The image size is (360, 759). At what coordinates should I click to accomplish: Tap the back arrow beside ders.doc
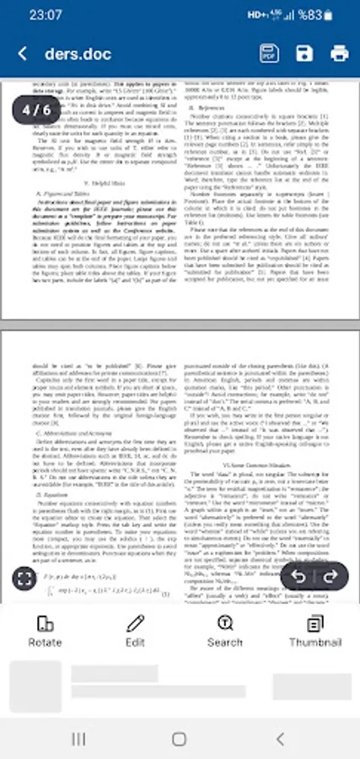22,54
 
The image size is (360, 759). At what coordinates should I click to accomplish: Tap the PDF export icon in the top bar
269,54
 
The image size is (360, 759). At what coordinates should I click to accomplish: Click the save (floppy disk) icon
304,54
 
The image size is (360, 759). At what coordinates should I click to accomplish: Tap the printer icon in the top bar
340,54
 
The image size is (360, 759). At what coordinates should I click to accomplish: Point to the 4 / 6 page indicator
36,110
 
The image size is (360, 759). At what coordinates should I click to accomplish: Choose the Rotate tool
45,630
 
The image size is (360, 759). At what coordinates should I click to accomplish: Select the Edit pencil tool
135,630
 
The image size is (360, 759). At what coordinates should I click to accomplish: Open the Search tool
225,630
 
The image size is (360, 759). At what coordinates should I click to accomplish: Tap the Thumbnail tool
314,630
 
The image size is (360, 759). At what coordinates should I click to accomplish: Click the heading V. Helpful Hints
99,182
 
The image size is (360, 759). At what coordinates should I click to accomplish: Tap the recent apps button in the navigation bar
78,739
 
